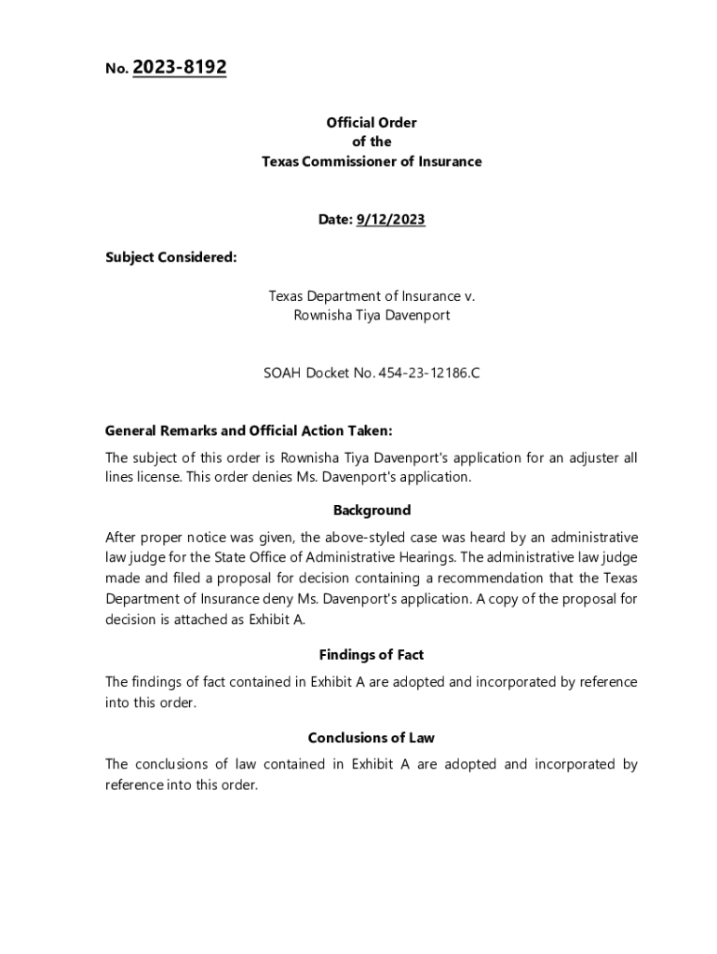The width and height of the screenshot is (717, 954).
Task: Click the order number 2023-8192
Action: [180, 67]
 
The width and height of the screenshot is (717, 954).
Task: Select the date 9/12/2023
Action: [390, 220]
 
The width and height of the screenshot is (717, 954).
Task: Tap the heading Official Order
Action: [372, 122]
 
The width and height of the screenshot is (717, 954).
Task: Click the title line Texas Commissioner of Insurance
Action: [372, 161]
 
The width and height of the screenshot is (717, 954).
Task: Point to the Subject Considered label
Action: [171, 257]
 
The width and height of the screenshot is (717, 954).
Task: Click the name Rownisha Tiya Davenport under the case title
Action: [372, 315]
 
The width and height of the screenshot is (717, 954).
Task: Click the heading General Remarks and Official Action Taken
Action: [249, 430]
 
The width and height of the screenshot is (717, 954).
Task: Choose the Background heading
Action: [372, 510]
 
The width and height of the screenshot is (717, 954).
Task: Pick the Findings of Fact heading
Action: [372, 655]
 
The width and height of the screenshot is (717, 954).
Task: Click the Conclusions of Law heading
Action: [372, 738]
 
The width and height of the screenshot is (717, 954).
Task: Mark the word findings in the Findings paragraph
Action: [157, 682]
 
